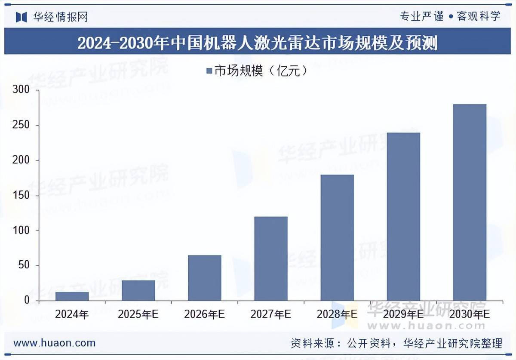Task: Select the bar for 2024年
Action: pos(72,296)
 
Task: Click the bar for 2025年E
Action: pos(138,290)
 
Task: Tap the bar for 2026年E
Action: pos(205,278)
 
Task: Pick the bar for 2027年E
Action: pos(271,258)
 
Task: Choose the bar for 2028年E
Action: pos(337,237)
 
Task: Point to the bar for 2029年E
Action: pos(403,216)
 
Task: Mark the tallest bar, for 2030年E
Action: pos(470,202)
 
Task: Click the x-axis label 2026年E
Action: pos(205,314)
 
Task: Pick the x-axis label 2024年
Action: pos(72,314)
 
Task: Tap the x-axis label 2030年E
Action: pos(470,314)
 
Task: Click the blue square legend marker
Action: pos(209,71)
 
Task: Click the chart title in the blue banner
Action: pos(258,43)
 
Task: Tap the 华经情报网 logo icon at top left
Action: pos(21,17)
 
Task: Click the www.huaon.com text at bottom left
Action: pos(55,343)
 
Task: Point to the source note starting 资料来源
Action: pos(396,343)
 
